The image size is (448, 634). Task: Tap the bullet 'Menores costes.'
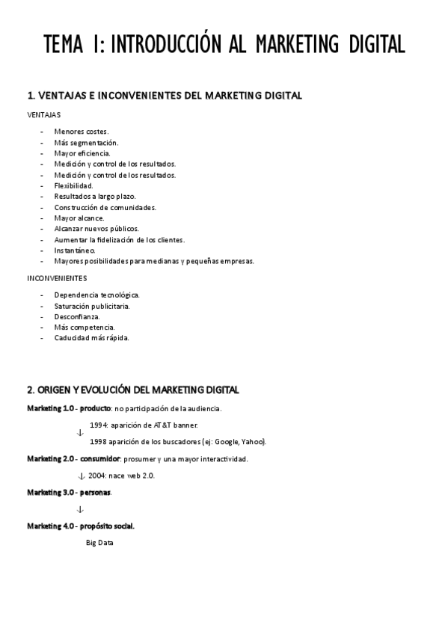click(81, 132)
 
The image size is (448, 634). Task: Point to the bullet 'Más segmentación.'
click(86, 142)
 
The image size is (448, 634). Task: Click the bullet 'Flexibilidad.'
click(73, 185)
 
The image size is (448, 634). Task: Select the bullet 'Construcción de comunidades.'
click(105, 207)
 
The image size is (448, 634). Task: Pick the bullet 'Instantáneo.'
click(75, 250)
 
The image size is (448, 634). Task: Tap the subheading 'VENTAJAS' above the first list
click(44, 116)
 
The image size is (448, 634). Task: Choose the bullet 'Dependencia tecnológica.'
click(96, 295)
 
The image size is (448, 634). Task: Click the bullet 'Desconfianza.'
click(76, 316)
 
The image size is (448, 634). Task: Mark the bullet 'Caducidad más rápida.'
click(91, 338)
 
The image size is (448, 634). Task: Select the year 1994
click(99, 424)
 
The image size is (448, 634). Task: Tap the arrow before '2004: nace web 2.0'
click(81, 476)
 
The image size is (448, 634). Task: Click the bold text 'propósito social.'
click(108, 526)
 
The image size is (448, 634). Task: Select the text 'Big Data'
click(99, 543)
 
